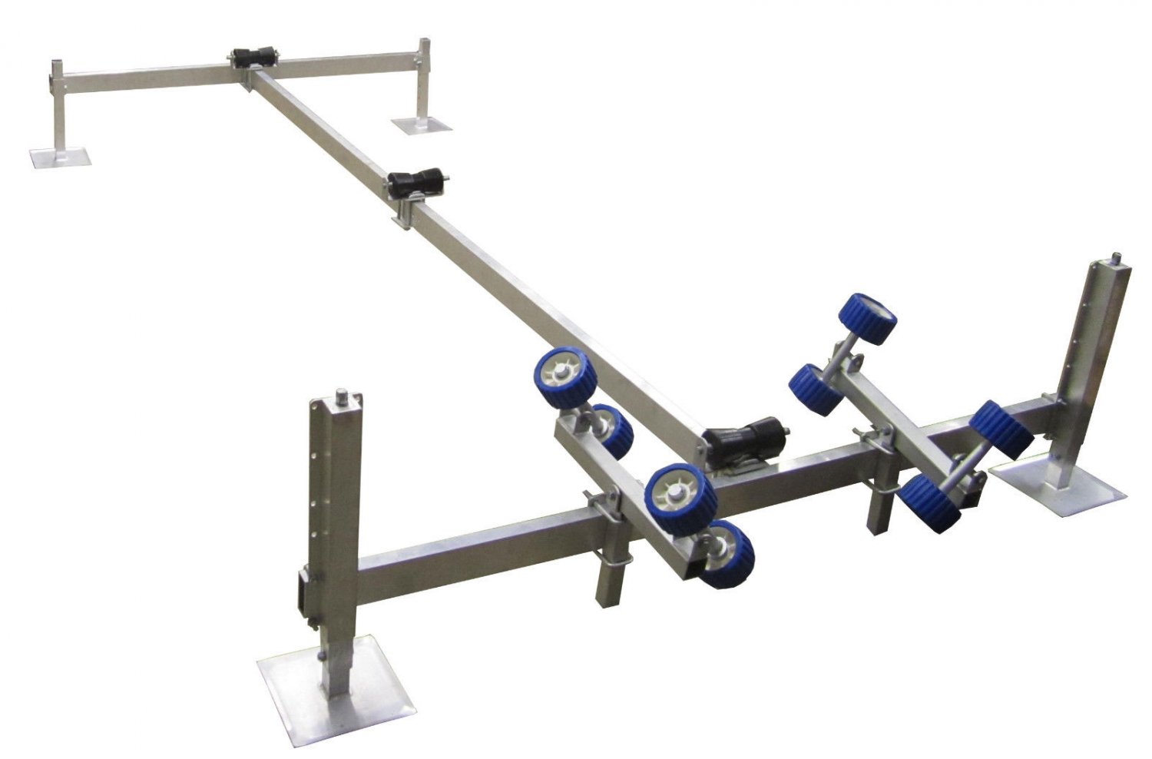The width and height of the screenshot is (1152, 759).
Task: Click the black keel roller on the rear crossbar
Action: click(x=251, y=59)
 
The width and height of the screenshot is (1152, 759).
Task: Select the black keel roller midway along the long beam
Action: click(x=417, y=184)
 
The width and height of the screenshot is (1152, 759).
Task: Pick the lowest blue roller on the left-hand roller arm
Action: click(x=727, y=554)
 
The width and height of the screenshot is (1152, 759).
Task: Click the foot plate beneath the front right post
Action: click(x=1060, y=489)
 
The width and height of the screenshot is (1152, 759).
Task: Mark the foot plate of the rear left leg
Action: click(x=60, y=157)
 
